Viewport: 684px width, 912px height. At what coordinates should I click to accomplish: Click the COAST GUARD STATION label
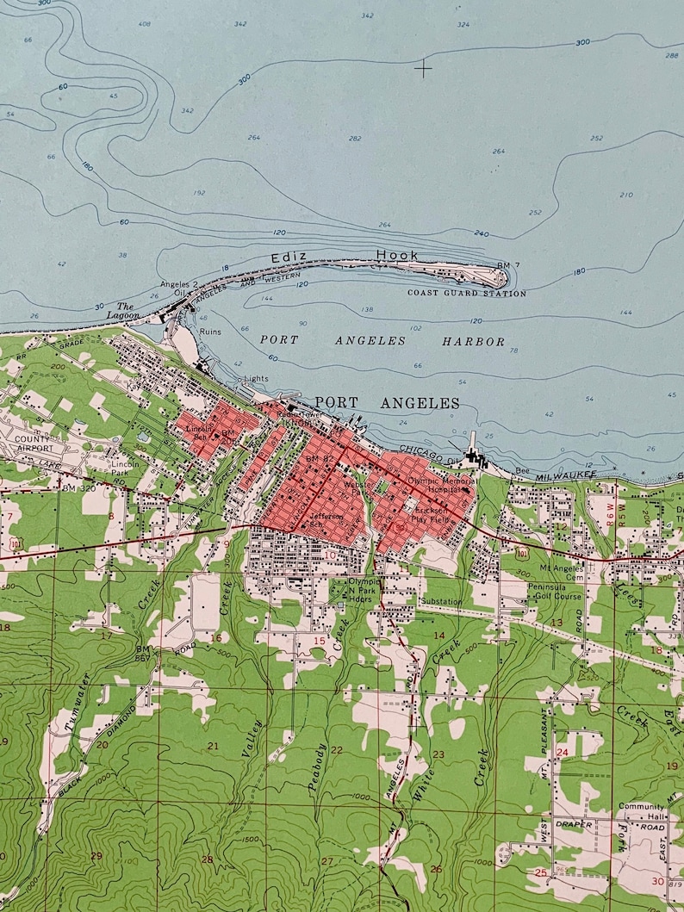click(x=467, y=294)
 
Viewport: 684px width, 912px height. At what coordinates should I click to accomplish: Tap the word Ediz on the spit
click(x=284, y=257)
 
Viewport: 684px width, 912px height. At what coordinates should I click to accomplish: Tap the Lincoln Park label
click(x=125, y=468)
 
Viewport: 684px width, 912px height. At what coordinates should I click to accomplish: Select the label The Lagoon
click(x=126, y=311)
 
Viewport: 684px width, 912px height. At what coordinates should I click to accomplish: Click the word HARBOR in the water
click(x=474, y=341)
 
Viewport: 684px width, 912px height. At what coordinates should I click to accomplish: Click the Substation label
click(x=441, y=602)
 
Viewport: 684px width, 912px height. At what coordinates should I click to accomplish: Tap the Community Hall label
click(x=641, y=811)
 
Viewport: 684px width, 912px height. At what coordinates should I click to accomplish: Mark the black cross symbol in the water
click(x=423, y=67)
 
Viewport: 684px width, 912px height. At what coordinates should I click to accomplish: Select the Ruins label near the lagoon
click(x=210, y=331)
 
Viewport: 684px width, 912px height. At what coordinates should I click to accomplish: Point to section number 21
click(x=213, y=745)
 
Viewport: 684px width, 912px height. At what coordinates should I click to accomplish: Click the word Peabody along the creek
click(x=316, y=766)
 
